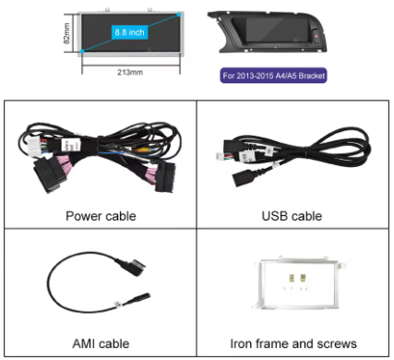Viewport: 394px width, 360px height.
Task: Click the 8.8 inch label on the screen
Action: coord(129,32)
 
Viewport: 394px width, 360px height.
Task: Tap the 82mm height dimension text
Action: coord(66,33)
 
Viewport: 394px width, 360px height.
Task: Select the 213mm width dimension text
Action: coord(130,72)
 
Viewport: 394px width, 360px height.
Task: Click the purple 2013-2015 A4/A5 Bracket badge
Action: coord(273,76)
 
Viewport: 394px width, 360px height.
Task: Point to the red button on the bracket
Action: coord(316,36)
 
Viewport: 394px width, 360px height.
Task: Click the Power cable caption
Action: coord(101,216)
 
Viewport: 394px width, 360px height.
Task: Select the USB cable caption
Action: coord(292,216)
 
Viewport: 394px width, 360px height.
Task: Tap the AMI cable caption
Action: coord(101,343)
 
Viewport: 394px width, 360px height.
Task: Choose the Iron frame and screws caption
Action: coord(293,343)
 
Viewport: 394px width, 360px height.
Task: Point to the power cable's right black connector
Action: coord(165,177)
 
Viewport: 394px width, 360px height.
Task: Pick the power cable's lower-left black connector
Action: coord(50,174)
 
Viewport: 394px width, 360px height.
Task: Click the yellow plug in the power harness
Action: coord(140,150)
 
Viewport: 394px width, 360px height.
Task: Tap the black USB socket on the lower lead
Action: coord(241,178)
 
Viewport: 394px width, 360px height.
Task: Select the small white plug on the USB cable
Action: coord(220,156)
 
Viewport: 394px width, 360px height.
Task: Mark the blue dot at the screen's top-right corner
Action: coord(179,15)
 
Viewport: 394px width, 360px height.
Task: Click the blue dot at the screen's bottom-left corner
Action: coord(82,51)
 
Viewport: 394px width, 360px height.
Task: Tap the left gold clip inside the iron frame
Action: coord(292,278)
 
